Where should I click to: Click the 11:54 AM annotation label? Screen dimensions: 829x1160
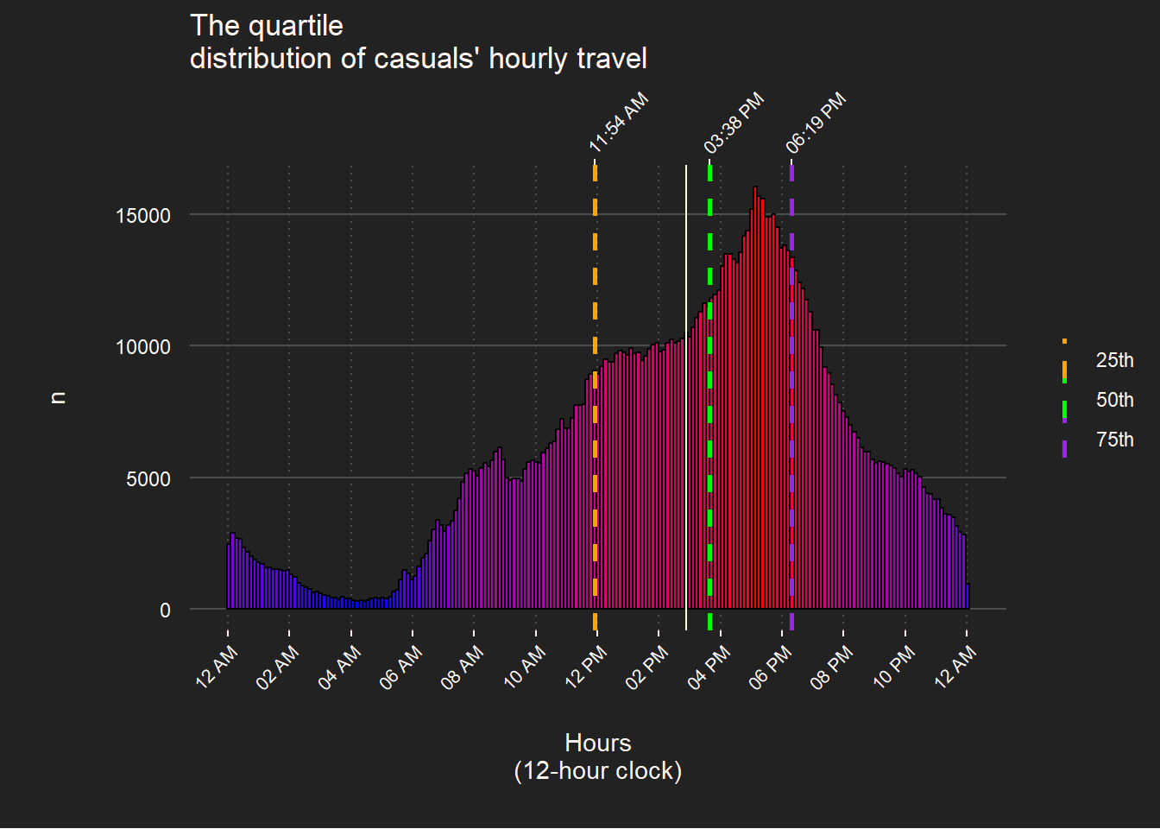point(619,123)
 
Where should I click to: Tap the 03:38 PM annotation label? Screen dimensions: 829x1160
point(734,123)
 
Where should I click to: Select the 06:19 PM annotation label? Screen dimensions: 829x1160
point(816,123)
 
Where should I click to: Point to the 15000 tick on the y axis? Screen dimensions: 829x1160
point(143,215)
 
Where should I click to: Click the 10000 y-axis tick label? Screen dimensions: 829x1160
point(143,347)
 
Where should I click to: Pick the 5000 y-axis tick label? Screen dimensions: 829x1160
point(148,479)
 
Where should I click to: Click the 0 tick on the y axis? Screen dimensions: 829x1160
point(165,611)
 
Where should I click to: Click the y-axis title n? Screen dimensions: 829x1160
point(58,397)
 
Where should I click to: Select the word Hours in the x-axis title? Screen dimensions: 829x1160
point(598,743)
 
